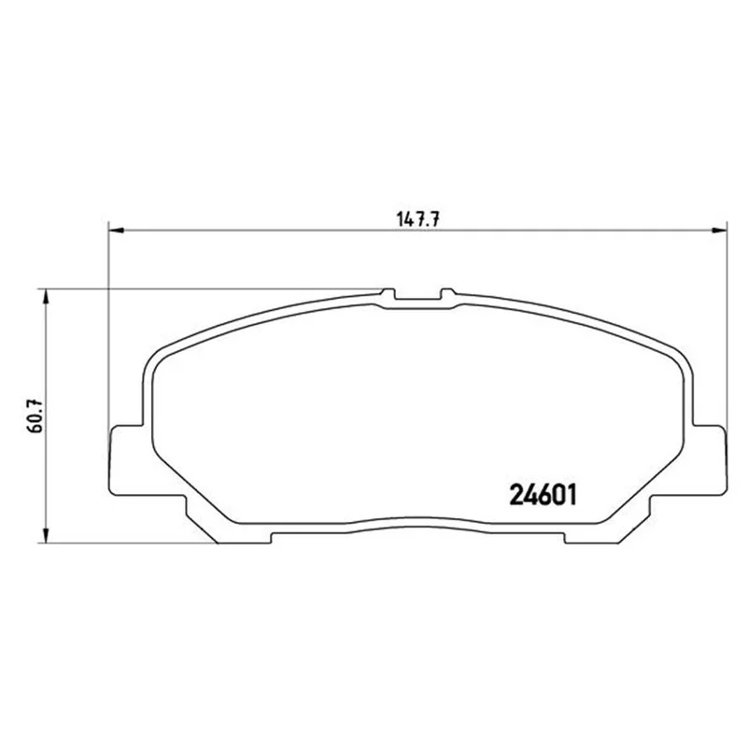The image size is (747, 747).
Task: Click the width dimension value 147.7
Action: (x=417, y=219)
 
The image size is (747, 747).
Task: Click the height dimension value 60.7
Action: (x=35, y=416)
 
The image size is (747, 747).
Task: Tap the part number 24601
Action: (x=543, y=495)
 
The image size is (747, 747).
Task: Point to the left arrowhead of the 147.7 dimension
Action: (x=117, y=231)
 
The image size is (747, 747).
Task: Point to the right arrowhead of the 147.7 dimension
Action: (x=719, y=231)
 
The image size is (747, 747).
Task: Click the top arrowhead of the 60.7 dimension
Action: (x=46, y=296)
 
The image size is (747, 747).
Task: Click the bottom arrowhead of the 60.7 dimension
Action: (x=46, y=535)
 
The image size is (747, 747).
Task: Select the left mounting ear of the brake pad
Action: (x=126, y=459)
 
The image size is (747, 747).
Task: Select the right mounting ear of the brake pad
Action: (x=710, y=459)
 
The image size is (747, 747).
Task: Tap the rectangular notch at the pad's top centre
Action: (x=417, y=299)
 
